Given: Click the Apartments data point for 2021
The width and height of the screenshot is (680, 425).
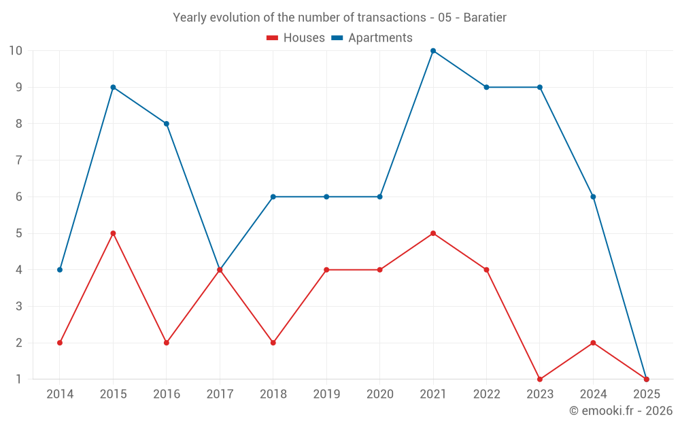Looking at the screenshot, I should tap(433, 51).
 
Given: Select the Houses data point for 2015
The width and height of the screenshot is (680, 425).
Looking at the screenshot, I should tap(113, 233).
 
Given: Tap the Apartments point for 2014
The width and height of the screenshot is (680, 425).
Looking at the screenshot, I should tap(60, 270).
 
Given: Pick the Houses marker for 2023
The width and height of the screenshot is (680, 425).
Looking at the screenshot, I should tap(540, 379).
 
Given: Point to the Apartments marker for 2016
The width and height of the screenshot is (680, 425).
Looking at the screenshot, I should tap(167, 124).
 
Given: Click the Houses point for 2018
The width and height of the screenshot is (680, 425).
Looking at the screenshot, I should tap(273, 343).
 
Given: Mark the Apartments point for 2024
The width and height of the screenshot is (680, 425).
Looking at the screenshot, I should tap(593, 197).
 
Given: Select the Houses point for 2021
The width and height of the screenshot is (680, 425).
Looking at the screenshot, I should tap(433, 233).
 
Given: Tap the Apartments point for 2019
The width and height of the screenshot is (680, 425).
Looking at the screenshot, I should tap(326, 197).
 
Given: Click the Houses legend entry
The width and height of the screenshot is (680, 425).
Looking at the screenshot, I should tap(296, 38).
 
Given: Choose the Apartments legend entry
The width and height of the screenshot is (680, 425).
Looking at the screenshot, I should tap(372, 38).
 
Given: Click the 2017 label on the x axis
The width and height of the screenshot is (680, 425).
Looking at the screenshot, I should tap(220, 394).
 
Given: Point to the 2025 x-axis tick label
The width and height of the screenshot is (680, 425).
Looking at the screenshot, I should tap(646, 394).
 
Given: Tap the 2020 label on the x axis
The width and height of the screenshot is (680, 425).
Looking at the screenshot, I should tap(379, 394).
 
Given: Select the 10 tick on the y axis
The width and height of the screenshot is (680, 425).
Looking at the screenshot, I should tap(16, 51).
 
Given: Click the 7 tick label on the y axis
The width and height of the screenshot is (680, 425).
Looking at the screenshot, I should tap(18, 160).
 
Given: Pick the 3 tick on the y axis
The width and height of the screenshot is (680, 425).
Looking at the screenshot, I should tap(18, 307).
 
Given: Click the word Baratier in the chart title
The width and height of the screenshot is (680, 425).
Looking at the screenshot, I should tap(485, 18).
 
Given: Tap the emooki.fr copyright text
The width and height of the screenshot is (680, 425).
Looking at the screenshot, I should tap(621, 411).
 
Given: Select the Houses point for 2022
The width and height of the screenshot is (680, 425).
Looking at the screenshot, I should tap(486, 270).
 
